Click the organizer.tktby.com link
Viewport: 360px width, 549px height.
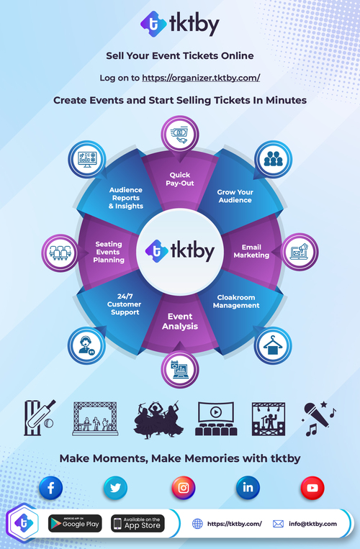(201, 78)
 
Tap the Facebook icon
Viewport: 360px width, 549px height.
(51, 487)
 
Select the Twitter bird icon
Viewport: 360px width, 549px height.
(115, 487)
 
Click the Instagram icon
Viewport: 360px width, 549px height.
(184, 487)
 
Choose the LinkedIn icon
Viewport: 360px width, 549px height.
(248, 487)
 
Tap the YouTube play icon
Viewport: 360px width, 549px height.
(312, 487)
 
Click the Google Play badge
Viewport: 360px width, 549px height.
(75, 523)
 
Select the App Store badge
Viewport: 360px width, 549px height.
(138, 523)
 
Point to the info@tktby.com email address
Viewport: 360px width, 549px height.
(312, 524)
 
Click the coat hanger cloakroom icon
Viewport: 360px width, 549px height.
(273, 345)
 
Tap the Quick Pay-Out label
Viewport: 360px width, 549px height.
(180, 179)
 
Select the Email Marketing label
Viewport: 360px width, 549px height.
(251, 251)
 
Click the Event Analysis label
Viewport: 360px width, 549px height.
(180, 322)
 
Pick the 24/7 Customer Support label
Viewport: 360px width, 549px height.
(125, 304)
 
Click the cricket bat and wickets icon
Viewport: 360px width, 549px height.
(39, 418)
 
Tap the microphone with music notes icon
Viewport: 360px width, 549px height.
(318, 419)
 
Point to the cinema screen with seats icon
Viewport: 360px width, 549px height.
(216, 419)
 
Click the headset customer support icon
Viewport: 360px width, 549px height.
(86, 345)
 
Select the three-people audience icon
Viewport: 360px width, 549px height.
(273, 159)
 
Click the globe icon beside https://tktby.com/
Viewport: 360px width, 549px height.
(197, 524)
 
